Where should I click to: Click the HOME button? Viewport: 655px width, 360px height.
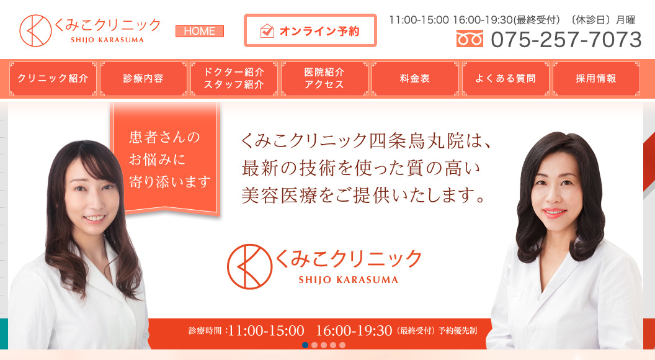click(200, 31)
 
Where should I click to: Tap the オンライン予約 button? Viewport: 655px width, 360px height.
click(310, 30)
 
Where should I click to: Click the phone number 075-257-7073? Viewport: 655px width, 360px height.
click(566, 40)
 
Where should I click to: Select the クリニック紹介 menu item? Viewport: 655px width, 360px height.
click(53, 79)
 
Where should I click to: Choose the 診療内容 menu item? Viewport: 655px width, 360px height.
click(143, 79)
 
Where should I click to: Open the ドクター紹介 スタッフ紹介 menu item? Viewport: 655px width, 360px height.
click(234, 79)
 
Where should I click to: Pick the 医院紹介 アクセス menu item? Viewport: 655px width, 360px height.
click(324, 79)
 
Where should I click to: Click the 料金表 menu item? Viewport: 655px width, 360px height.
click(415, 79)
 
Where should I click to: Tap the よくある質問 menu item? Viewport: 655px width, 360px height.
click(506, 79)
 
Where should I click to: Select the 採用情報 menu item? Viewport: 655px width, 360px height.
click(596, 79)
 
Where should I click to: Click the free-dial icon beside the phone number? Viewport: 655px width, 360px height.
click(470, 39)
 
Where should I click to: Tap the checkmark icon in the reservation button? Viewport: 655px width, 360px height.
click(267, 31)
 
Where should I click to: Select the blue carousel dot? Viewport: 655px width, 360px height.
click(305, 345)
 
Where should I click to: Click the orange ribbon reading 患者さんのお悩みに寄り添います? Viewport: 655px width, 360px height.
click(166, 159)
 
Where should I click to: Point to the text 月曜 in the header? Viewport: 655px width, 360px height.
click(625, 20)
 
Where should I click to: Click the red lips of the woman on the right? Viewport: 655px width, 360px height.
click(555, 213)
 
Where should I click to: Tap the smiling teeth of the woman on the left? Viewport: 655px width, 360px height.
click(95, 217)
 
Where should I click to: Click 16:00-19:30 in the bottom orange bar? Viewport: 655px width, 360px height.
click(354, 331)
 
